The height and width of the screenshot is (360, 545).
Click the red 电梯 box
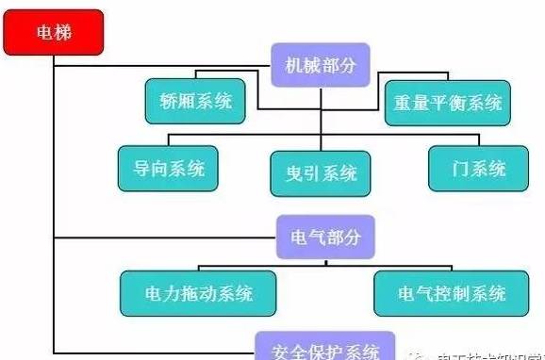point(54,34)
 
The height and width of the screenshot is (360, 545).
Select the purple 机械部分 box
point(322,64)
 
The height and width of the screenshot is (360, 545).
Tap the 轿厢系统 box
point(193,101)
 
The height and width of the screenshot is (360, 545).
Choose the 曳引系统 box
point(320,172)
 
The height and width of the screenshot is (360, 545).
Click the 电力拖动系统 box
point(200,293)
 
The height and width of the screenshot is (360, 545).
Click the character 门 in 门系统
point(461,168)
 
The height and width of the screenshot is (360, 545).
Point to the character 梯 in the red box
point(62,34)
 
